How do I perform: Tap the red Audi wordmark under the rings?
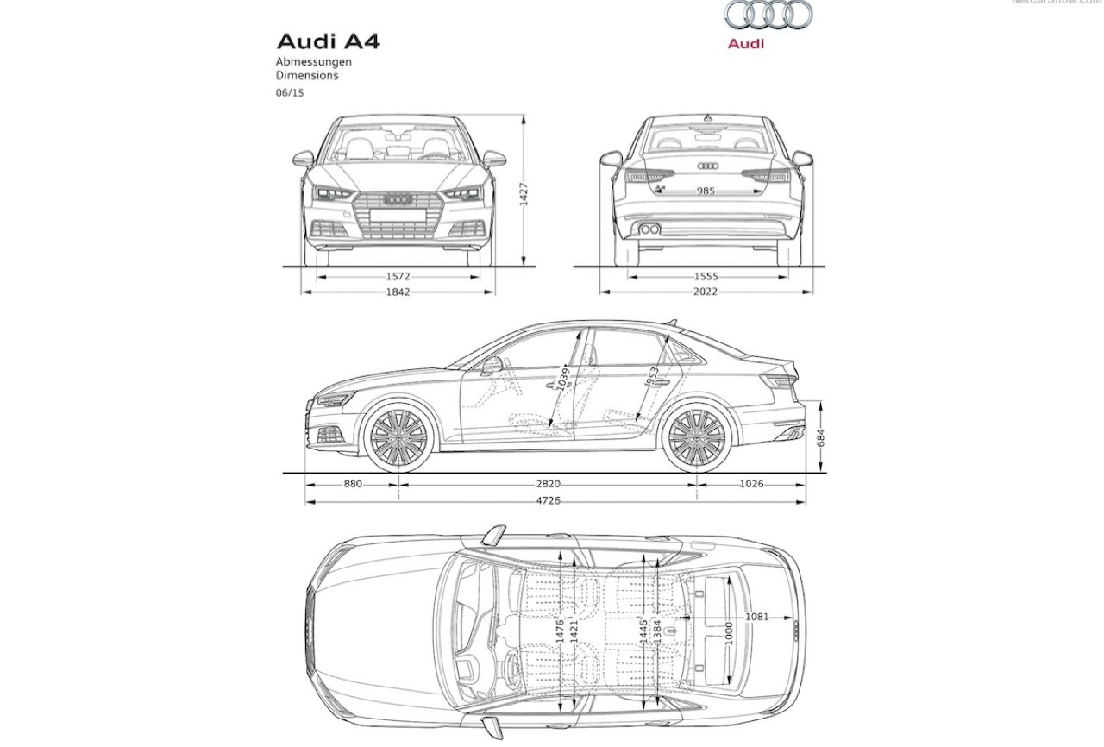pos(745,44)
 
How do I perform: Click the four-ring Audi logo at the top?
pos(768,16)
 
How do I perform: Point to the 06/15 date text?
pos(290,93)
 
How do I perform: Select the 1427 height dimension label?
pos(524,194)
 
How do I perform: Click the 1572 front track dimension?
pos(398,277)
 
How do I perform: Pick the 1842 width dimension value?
pos(398,292)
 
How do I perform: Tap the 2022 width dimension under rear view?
pos(706,292)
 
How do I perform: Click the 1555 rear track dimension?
pos(706,277)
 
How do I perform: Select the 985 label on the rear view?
pos(706,191)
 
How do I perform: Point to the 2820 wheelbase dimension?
pos(548,484)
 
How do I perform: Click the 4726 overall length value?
pos(548,501)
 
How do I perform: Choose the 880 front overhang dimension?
pos(353,484)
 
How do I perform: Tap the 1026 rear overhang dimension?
pos(751,484)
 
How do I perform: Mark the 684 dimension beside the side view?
pos(822,437)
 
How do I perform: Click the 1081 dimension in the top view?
pos(756,617)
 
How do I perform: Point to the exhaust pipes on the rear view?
pos(649,229)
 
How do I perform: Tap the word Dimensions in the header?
pos(307,76)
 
